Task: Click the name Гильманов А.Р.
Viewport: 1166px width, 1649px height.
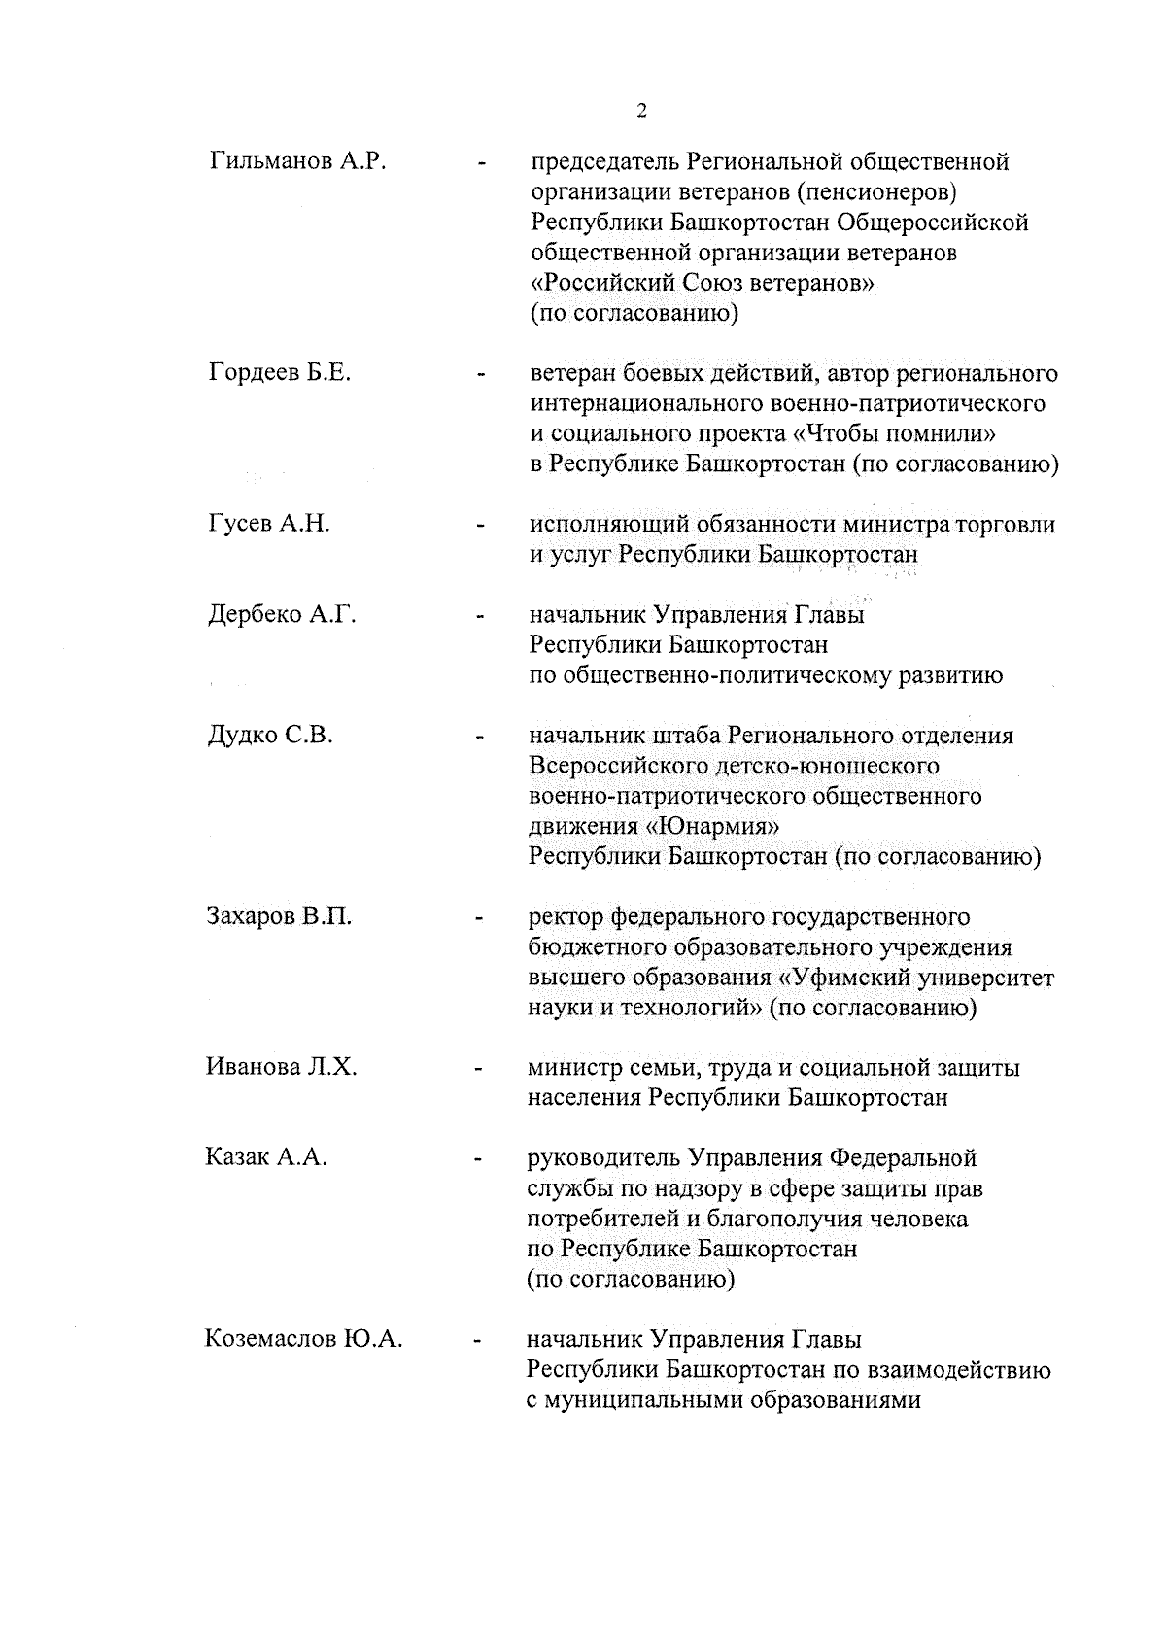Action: click(x=297, y=161)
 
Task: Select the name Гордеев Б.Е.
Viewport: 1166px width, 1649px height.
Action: click(x=280, y=373)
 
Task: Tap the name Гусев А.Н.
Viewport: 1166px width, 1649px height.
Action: click(x=269, y=524)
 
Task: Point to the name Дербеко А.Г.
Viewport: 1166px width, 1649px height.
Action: click(x=282, y=614)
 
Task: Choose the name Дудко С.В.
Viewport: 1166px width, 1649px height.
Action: click(x=270, y=736)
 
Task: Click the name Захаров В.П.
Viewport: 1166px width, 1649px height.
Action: click(x=279, y=916)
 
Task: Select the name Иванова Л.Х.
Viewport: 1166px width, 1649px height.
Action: click(x=282, y=1067)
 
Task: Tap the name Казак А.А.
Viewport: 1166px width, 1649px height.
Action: click(x=266, y=1157)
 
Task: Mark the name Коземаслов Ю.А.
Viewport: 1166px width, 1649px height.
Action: click(x=304, y=1339)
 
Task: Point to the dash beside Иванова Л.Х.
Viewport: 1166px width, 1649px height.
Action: click(x=478, y=1069)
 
